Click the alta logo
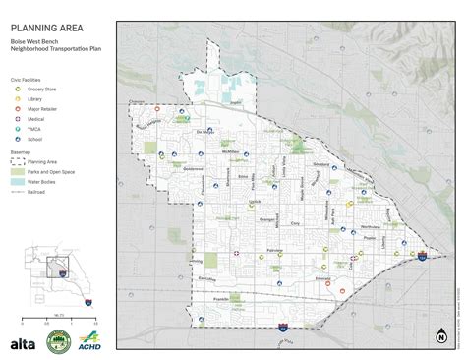tap(22, 344)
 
